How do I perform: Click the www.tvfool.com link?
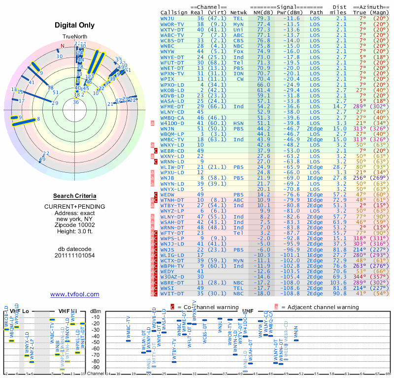pos(74,294)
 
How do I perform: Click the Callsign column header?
pos(175,12)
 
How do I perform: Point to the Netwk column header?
pos(239,12)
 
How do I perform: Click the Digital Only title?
pos(74,25)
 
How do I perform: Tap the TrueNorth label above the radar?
pos(75,37)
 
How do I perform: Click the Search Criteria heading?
pos(75,196)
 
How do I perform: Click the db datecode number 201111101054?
pos(75,255)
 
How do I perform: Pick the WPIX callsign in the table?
pos(168,79)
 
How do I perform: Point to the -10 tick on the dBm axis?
pos(97,317)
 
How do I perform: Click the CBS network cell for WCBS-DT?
pos(239,40)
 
